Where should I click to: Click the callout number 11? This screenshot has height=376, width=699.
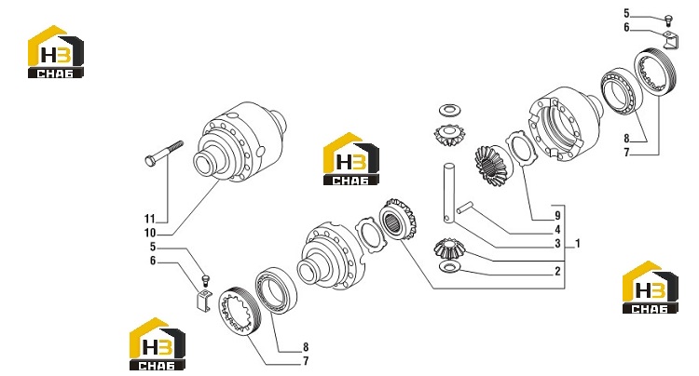(x=149, y=219)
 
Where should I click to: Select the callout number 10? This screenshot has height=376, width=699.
(x=150, y=233)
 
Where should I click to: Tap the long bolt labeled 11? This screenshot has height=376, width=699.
(x=164, y=154)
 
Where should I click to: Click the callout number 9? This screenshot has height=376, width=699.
(x=557, y=216)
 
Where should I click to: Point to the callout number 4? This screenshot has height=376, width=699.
(x=557, y=230)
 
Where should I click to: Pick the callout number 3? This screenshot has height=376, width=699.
(x=557, y=244)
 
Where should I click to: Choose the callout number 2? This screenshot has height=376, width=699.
(x=557, y=272)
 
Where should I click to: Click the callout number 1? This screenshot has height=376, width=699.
(x=578, y=244)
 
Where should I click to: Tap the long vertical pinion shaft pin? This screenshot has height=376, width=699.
(x=449, y=193)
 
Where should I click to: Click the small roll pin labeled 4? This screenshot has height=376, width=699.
(x=464, y=208)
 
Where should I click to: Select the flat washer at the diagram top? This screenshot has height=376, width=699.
(x=450, y=109)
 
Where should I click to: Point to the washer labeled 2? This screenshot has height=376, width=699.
(x=450, y=267)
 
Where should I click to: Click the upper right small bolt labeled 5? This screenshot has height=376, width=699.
(x=668, y=20)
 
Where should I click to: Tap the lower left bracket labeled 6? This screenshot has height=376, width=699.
(x=204, y=299)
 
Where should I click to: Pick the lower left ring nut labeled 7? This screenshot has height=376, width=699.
(x=238, y=311)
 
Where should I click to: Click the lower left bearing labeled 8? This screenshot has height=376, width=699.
(x=276, y=290)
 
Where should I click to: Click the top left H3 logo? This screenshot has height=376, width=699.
(x=56, y=52)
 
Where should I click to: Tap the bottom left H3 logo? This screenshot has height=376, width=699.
(x=158, y=344)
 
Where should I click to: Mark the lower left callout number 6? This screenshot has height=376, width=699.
(x=153, y=261)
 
